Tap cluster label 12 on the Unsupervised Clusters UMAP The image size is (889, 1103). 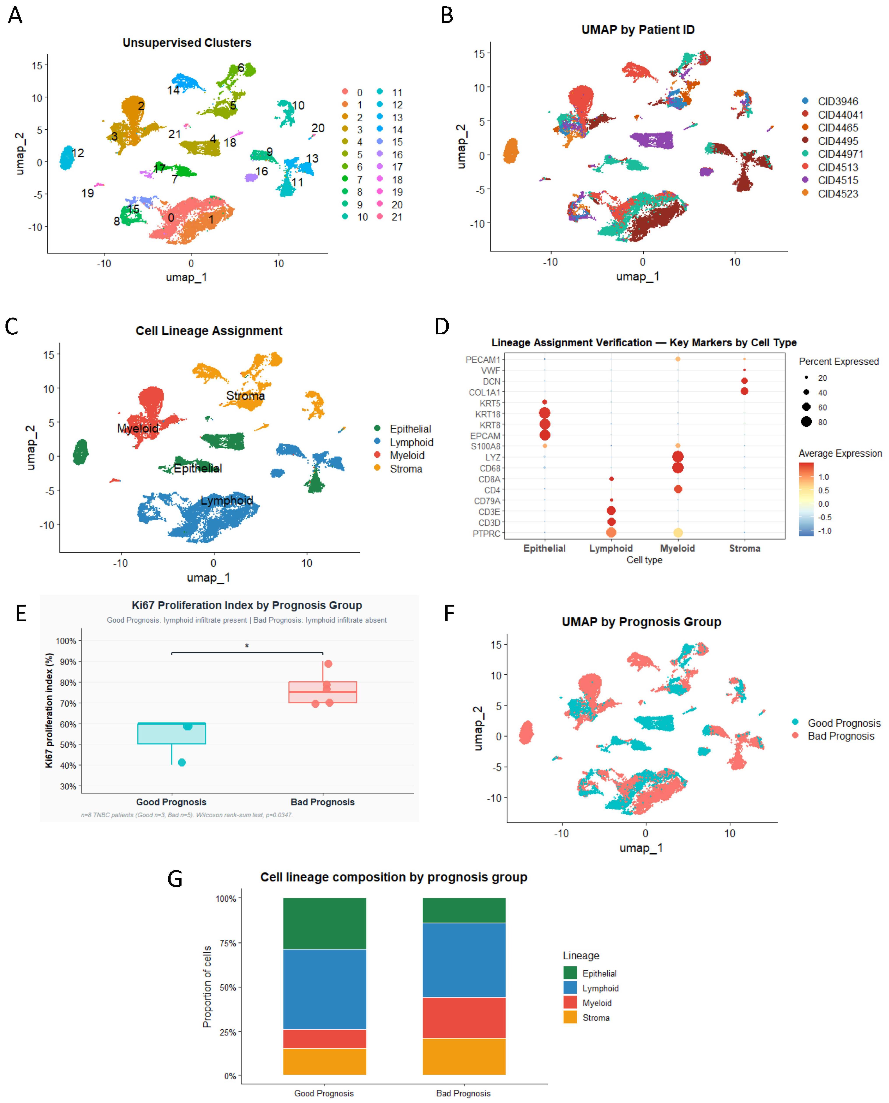[x=78, y=153]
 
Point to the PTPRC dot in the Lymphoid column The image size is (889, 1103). [x=611, y=533]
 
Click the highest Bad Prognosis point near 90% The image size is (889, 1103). [x=328, y=664]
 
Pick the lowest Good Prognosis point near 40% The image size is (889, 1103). [x=182, y=762]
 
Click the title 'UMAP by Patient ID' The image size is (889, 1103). [x=638, y=30]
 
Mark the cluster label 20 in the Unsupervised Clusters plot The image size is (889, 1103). [x=318, y=128]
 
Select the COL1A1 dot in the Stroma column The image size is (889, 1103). [x=744, y=391]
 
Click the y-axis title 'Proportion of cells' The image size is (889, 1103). [x=207, y=987]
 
